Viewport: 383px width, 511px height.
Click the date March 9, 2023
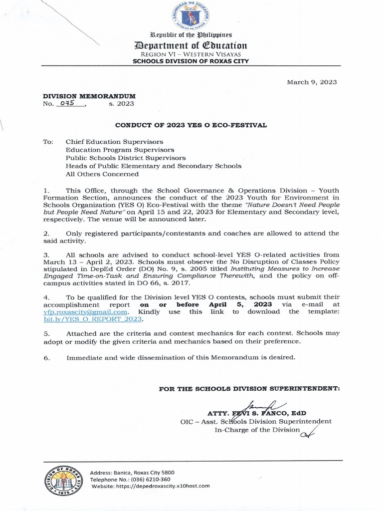coord(312,82)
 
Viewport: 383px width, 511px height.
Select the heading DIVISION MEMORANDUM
coord(89,95)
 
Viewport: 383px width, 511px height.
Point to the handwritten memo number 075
coord(71,103)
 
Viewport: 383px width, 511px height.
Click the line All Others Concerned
coord(102,174)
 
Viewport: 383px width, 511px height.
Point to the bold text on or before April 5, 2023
coord(205,304)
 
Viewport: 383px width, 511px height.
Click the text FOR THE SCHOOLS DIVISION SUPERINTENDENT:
coord(249,388)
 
